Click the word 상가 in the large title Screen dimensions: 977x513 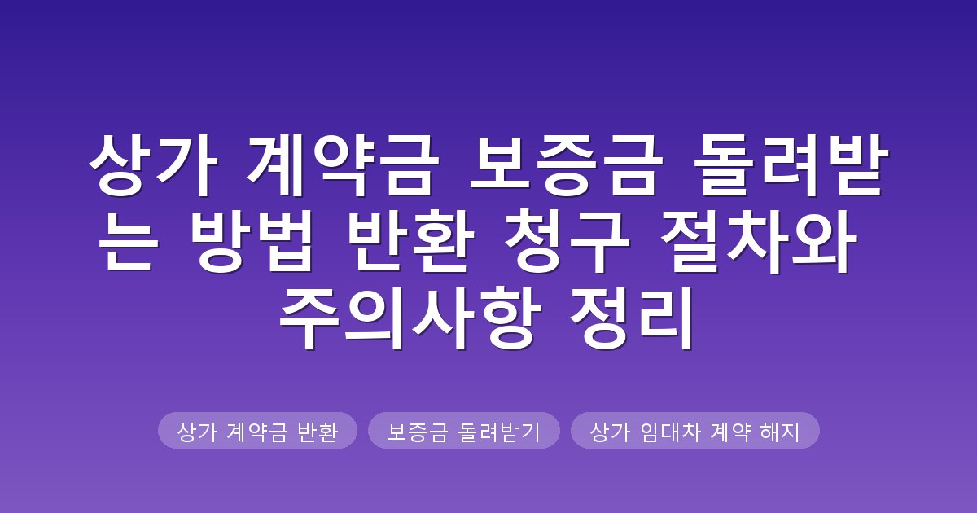pyautogui.click(x=153, y=164)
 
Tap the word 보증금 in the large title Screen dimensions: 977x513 pyautogui.click(x=566, y=164)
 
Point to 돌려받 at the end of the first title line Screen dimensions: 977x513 pyautogui.click(x=791, y=164)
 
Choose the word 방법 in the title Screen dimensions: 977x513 pyautogui.click(x=252, y=240)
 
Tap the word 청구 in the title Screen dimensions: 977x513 pyautogui.click(x=567, y=240)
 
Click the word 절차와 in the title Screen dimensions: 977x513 pyautogui.click(x=758, y=240)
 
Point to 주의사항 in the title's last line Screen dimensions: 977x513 pyautogui.click(x=410, y=317)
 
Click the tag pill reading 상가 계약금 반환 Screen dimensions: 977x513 pyautogui.click(x=258, y=430)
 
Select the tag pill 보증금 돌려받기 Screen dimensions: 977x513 pyautogui.click(x=464, y=430)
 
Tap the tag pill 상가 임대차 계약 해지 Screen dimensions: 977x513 pyautogui.click(x=695, y=430)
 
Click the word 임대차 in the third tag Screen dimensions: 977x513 pyautogui.click(x=671, y=432)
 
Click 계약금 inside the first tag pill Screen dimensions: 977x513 pyautogui.click(x=257, y=432)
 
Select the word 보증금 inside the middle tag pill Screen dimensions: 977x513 pyautogui.click(x=418, y=432)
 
